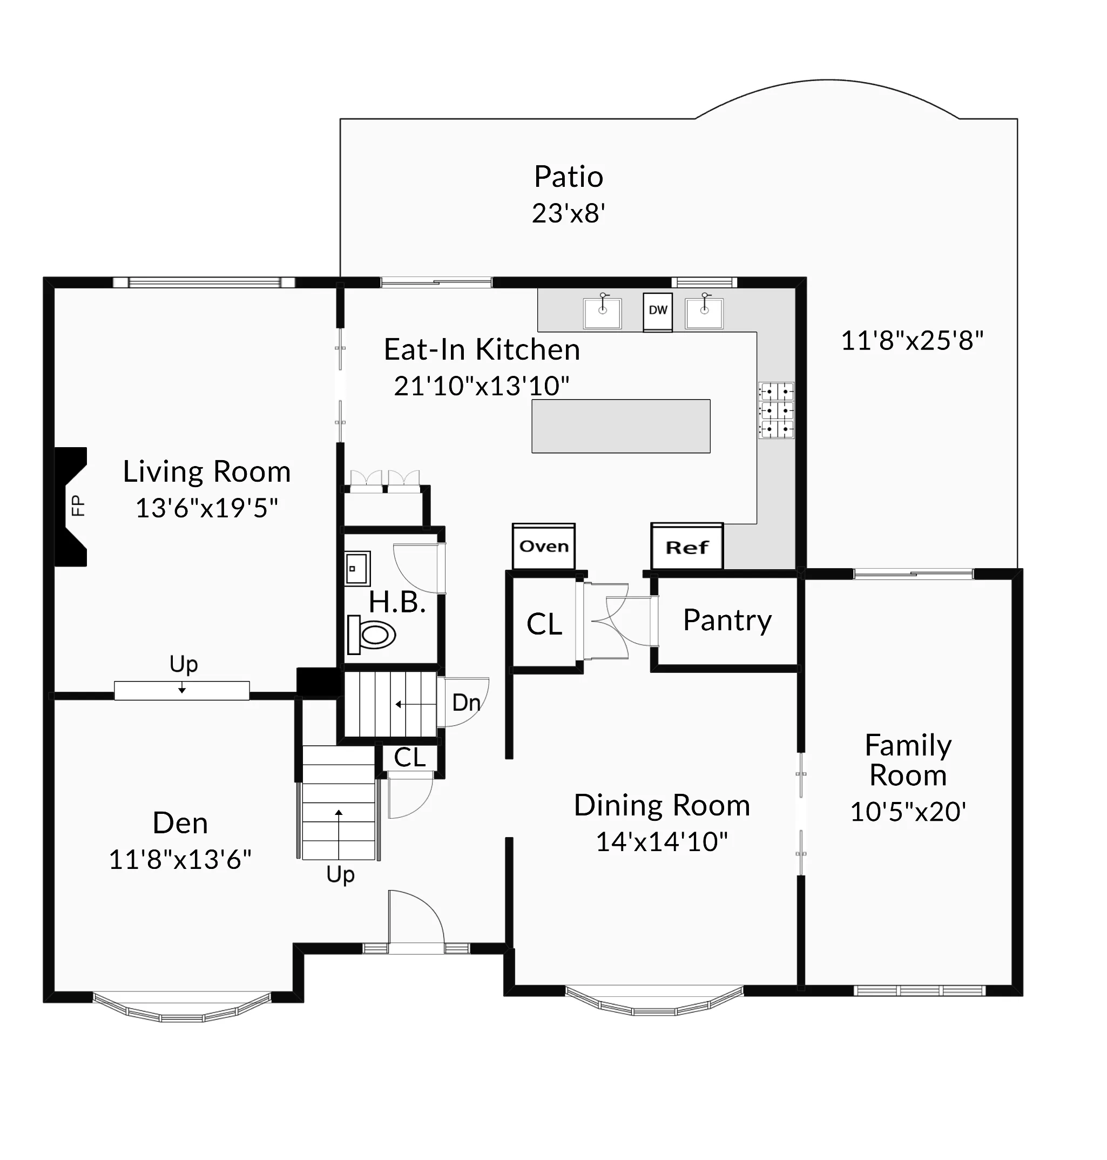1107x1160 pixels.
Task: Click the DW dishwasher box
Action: click(x=657, y=311)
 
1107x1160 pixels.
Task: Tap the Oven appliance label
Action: click(x=543, y=547)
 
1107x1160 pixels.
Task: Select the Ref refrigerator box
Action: click(x=687, y=548)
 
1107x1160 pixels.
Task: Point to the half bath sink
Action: click(x=357, y=568)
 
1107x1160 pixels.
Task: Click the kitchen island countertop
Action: click(x=621, y=426)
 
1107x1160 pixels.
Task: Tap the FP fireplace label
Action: click(x=77, y=506)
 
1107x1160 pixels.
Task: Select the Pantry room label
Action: click(x=727, y=620)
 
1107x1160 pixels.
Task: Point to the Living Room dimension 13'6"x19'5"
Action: click(x=206, y=508)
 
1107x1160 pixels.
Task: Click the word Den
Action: click(x=180, y=823)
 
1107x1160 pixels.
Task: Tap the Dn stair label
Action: click(x=465, y=703)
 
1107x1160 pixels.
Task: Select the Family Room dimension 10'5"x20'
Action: click(x=908, y=812)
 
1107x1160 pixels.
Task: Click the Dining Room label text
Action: click(x=661, y=805)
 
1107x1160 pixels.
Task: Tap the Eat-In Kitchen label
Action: click(x=482, y=349)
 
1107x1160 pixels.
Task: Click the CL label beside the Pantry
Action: click(x=544, y=624)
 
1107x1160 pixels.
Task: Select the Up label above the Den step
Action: click(x=184, y=664)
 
